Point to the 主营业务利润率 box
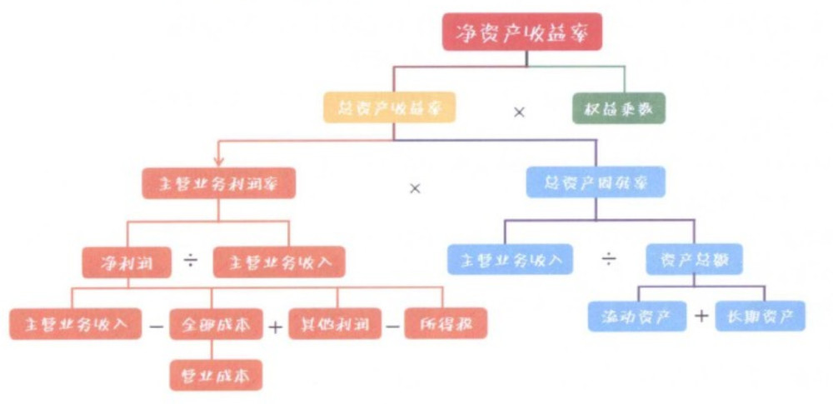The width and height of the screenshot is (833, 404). point(218,182)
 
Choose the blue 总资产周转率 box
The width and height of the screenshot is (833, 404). point(596,182)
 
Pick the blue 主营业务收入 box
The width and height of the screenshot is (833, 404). point(510,259)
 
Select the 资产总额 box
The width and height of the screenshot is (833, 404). point(694,259)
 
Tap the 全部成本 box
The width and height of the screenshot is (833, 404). point(216,323)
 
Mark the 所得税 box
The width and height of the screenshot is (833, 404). point(446,323)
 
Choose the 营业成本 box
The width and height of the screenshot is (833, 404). point(216,374)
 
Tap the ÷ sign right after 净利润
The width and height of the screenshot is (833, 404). point(192,262)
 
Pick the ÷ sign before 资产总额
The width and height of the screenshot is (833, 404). point(610,260)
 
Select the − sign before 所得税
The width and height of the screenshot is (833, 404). point(393,325)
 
